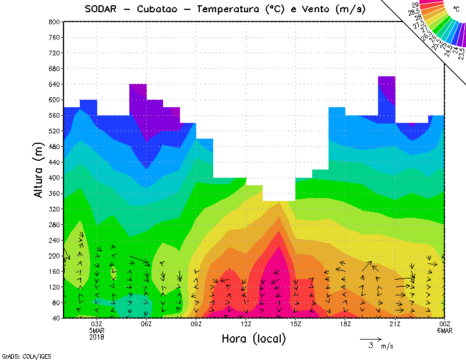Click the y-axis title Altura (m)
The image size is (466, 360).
(x=40, y=170)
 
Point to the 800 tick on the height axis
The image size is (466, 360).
(x=54, y=22)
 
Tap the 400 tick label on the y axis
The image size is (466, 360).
(x=54, y=177)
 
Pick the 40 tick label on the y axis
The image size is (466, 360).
(x=56, y=318)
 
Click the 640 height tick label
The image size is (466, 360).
(x=54, y=84)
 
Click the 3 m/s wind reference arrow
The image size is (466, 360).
(x=370, y=339)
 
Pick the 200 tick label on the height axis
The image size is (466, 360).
(x=54, y=255)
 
